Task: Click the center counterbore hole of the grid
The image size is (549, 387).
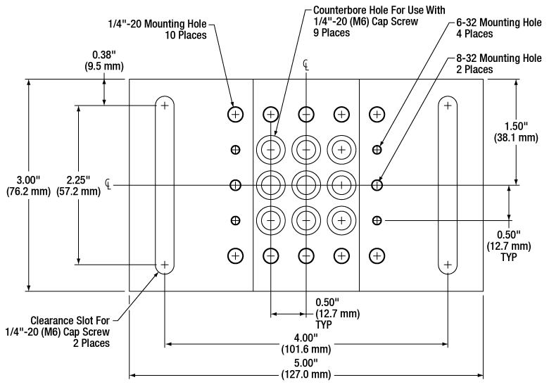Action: (x=306, y=185)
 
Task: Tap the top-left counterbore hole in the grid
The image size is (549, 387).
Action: (x=270, y=149)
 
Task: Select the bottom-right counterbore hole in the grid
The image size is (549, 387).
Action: (x=341, y=220)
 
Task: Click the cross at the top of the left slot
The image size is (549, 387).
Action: (x=165, y=106)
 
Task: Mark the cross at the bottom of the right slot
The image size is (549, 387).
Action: (x=448, y=265)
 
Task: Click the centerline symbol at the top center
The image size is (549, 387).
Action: (x=305, y=66)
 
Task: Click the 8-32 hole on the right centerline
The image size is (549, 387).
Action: (x=377, y=185)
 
